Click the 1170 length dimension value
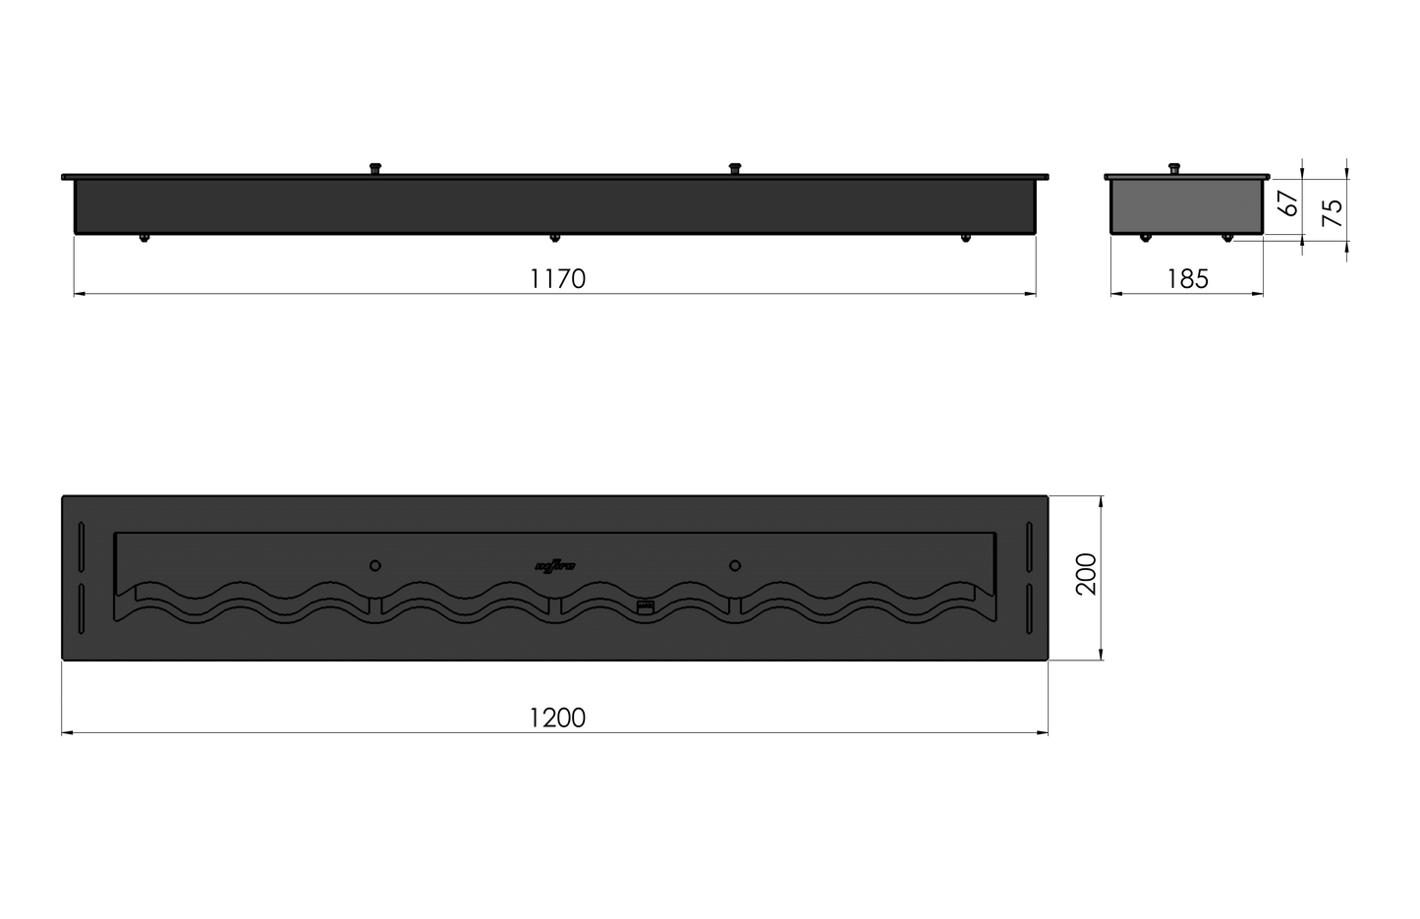(x=557, y=279)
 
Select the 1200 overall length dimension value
(x=557, y=718)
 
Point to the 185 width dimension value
(x=1187, y=279)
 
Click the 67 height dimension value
(x=1288, y=203)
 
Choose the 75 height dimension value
(x=1332, y=212)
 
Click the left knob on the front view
(x=374, y=169)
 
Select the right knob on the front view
(x=734, y=169)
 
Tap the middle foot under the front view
(x=555, y=238)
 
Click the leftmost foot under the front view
(x=144, y=238)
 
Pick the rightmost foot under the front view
(x=966, y=238)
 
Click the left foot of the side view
(x=1145, y=238)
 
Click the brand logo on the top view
(x=556, y=565)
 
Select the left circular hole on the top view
(x=374, y=565)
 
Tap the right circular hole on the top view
(x=734, y=565)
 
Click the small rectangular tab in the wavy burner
(x=645, y=607)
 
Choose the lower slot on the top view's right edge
(x=1029, y=609)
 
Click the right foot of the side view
(x=1225, y=238)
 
